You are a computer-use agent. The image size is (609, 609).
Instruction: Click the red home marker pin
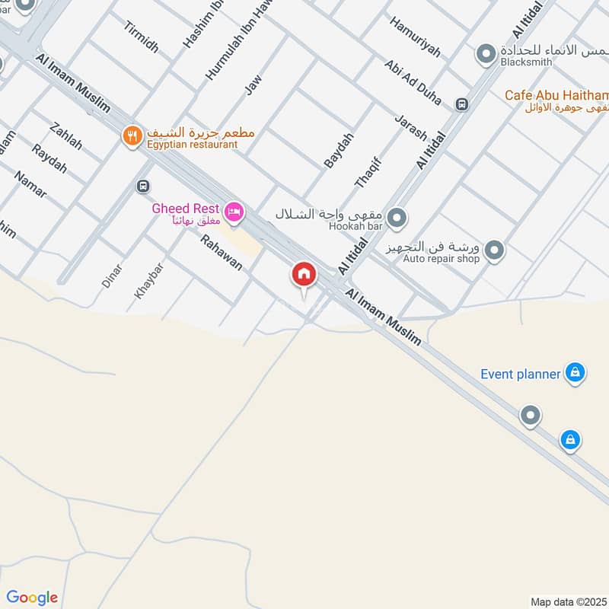304,275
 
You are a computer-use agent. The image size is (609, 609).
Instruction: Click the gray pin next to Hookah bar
396,219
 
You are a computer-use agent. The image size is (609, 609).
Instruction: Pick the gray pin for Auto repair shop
494,250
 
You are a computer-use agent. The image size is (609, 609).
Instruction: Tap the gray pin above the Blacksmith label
485,54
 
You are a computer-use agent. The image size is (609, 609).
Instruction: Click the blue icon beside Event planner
576,372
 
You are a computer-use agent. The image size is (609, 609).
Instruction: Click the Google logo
32,597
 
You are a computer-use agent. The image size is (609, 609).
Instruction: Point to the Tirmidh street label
141,37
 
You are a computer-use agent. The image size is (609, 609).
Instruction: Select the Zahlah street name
65,136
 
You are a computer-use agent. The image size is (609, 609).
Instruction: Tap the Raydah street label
49,158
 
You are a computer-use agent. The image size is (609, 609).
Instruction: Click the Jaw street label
253,85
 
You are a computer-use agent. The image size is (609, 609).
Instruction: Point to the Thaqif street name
367,172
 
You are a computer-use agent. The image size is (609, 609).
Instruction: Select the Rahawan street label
221,253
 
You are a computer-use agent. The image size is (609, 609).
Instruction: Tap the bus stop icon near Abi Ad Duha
461,104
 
